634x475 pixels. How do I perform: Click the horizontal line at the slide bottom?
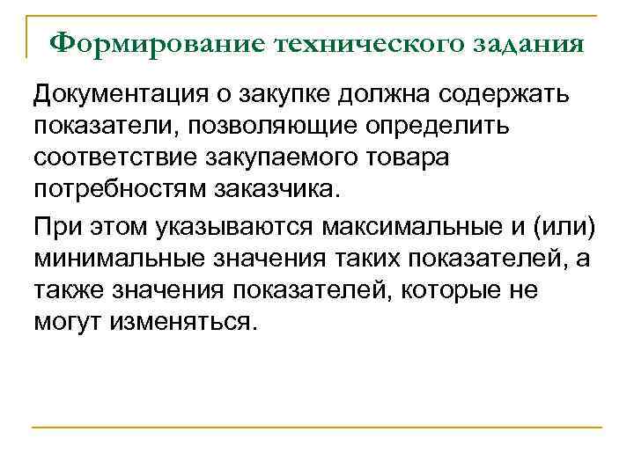pyautogui.click(x=317, y=428)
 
